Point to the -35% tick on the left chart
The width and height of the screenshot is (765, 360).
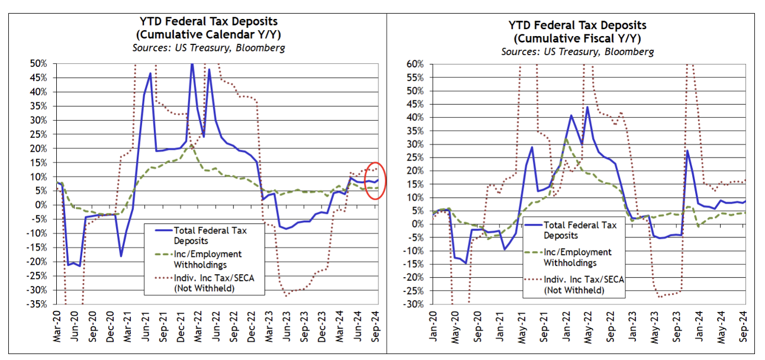point(43,304)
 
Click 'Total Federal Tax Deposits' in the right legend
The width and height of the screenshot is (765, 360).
point(580,230)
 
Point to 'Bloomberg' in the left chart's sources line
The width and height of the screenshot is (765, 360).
point(259,47)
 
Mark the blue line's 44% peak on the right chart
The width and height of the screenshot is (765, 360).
point(587,107)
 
